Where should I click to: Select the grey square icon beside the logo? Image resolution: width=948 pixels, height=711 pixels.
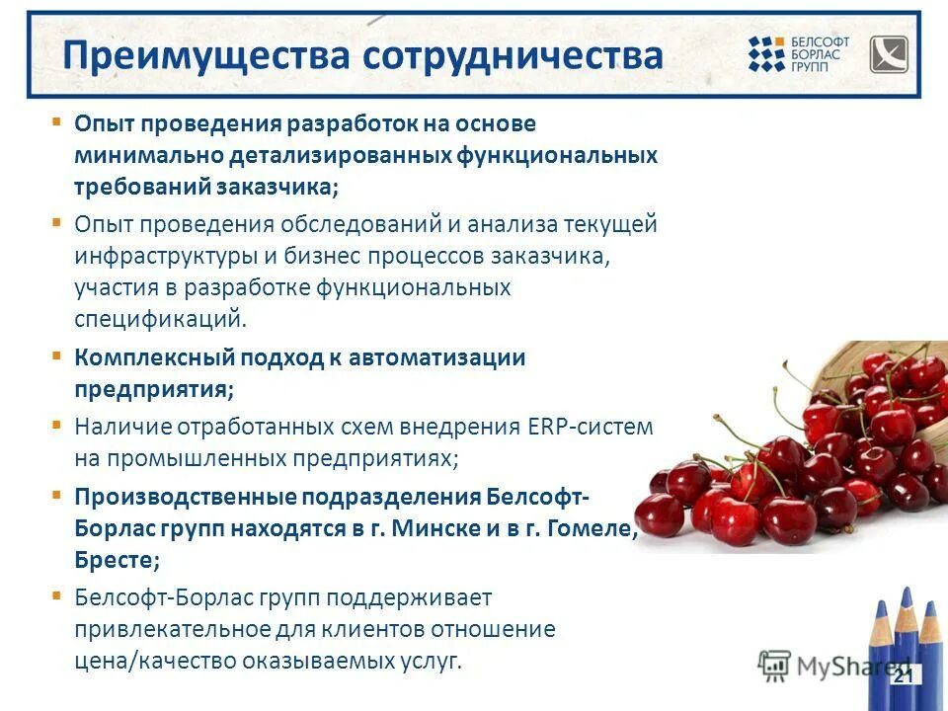click(888, 54)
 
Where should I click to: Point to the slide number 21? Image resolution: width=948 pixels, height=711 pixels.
click(903, 676)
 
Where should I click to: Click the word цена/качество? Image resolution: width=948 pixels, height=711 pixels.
click(144, 662)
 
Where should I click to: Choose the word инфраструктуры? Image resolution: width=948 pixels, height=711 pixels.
click(166, 256)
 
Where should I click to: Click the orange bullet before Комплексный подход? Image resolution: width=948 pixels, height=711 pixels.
click(57, 355)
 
